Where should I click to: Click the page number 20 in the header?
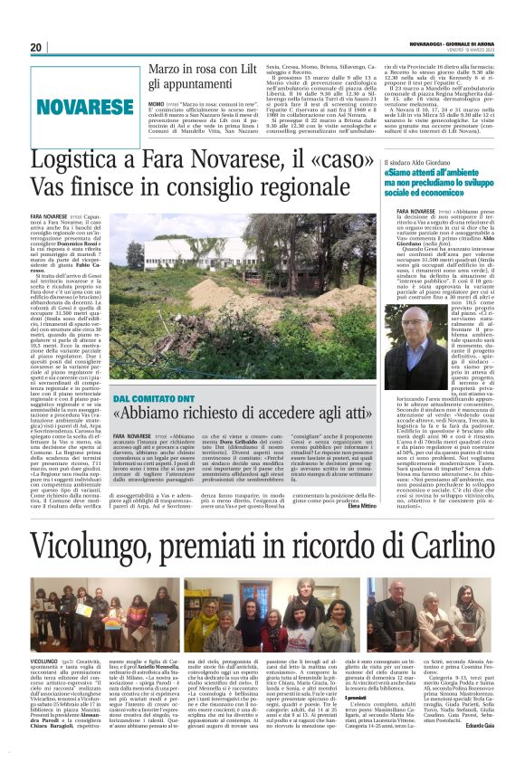(36, 47)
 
